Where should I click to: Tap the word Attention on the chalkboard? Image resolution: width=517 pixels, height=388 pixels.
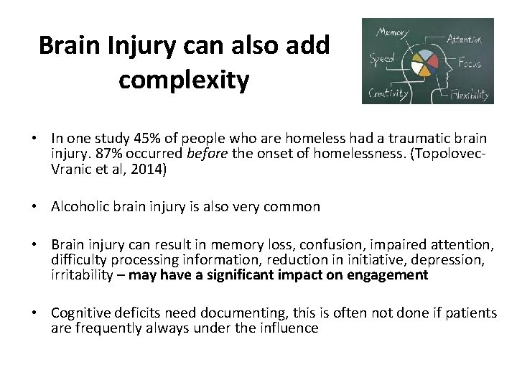coord(464,39)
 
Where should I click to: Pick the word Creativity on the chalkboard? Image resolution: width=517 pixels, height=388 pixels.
coord(388,93)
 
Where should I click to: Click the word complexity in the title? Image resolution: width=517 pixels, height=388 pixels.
coord(184,80)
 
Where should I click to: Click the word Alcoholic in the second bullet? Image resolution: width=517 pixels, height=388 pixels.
coord(78,207)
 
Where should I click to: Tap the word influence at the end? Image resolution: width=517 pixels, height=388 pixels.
coord(289,328)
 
